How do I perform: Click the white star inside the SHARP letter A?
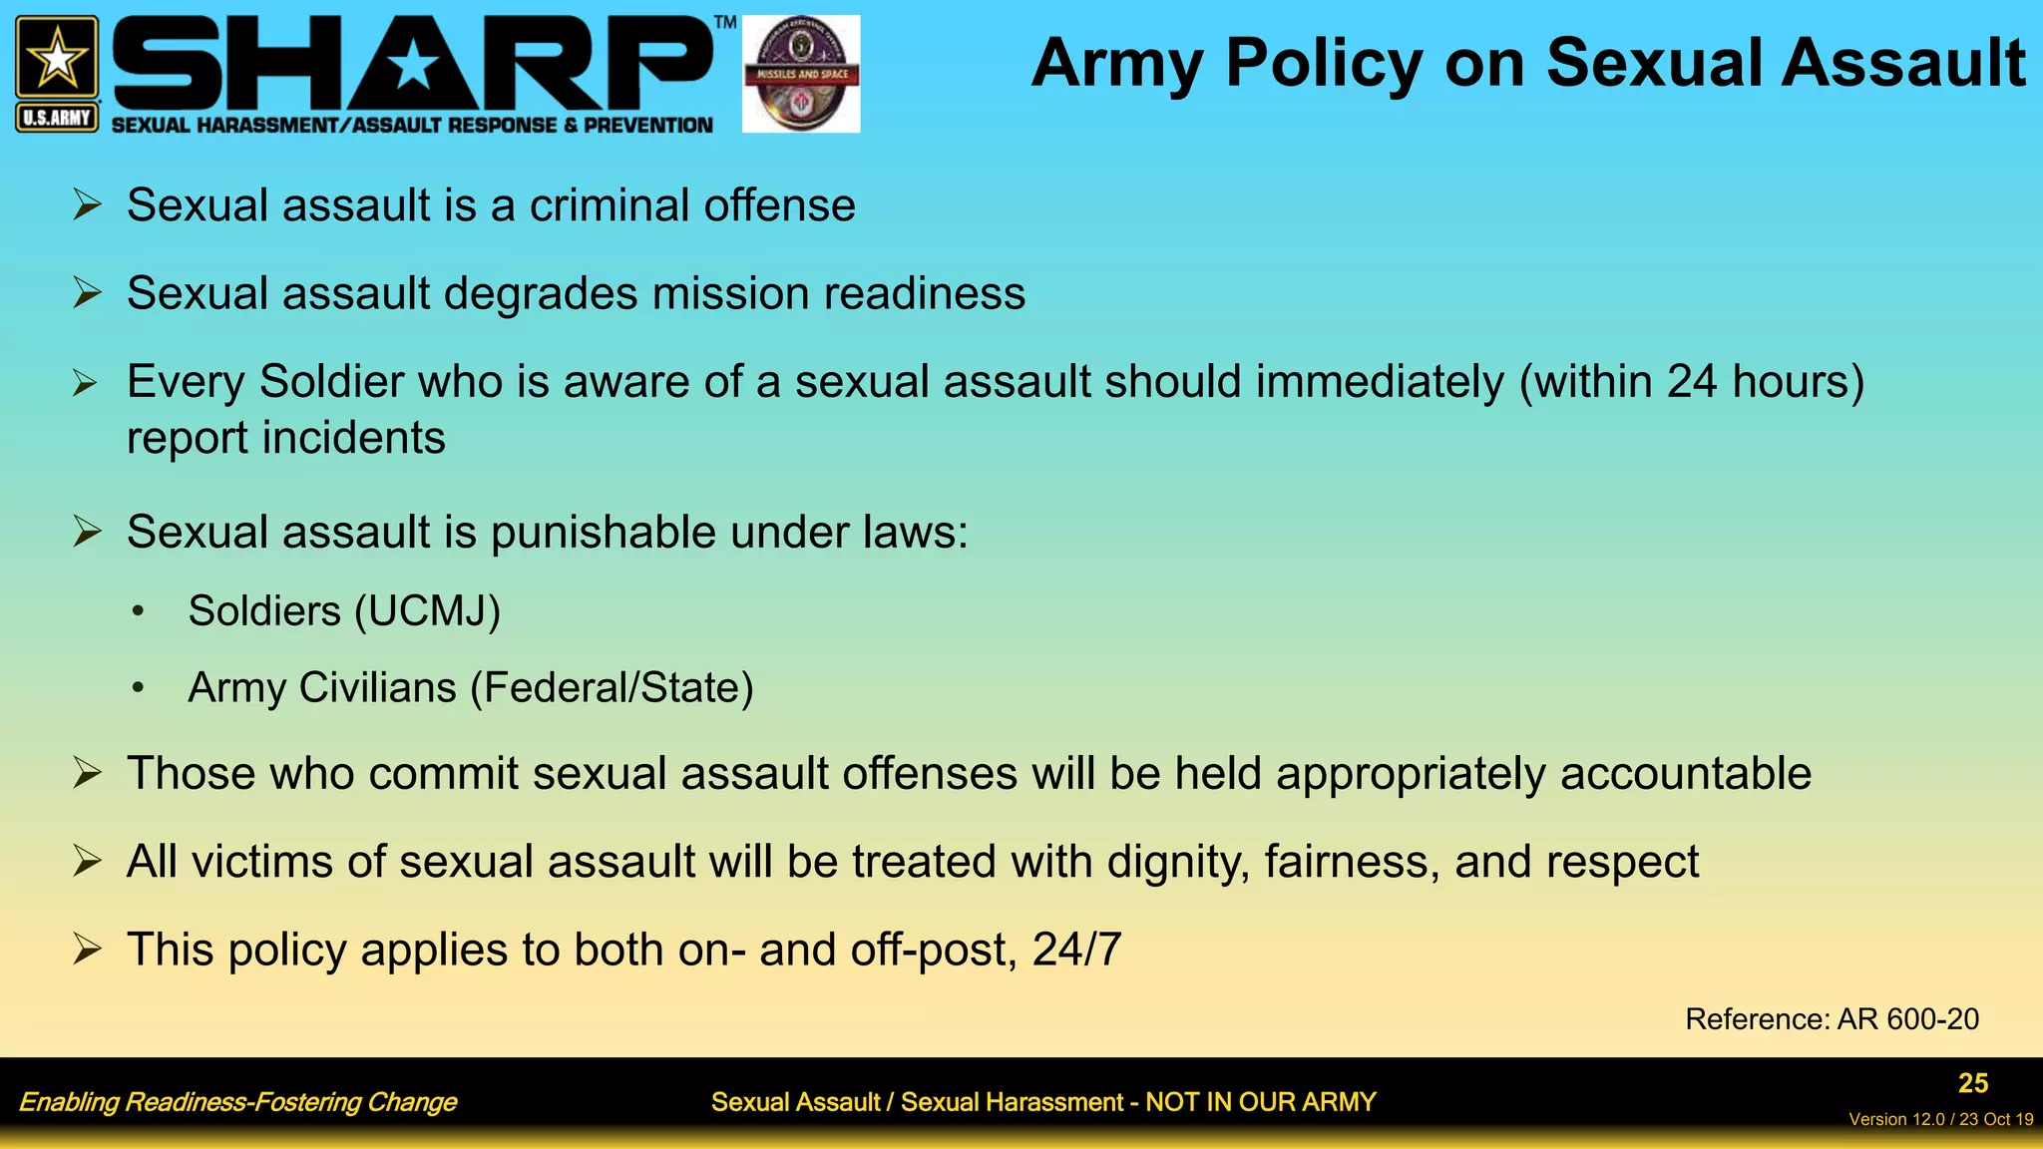tap(413, 67)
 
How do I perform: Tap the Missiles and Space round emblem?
tap(801, 74)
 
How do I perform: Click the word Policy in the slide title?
tap(1325, 64)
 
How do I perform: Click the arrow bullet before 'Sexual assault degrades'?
tap(88, 293)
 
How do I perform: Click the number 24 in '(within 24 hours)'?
tap(1692, 382)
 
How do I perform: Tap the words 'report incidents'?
tap(286, 438)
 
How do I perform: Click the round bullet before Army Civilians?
tap(139, 687)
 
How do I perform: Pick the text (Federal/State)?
tap(612, 688)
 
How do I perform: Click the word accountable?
tap(1685, 774)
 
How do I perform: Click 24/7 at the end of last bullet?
tap(1076, 950)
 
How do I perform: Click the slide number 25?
tap(1972, 1083)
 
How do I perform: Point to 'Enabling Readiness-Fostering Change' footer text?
tap(237, 1102)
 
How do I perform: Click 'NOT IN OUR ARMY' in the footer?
tap(1260, 1102)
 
